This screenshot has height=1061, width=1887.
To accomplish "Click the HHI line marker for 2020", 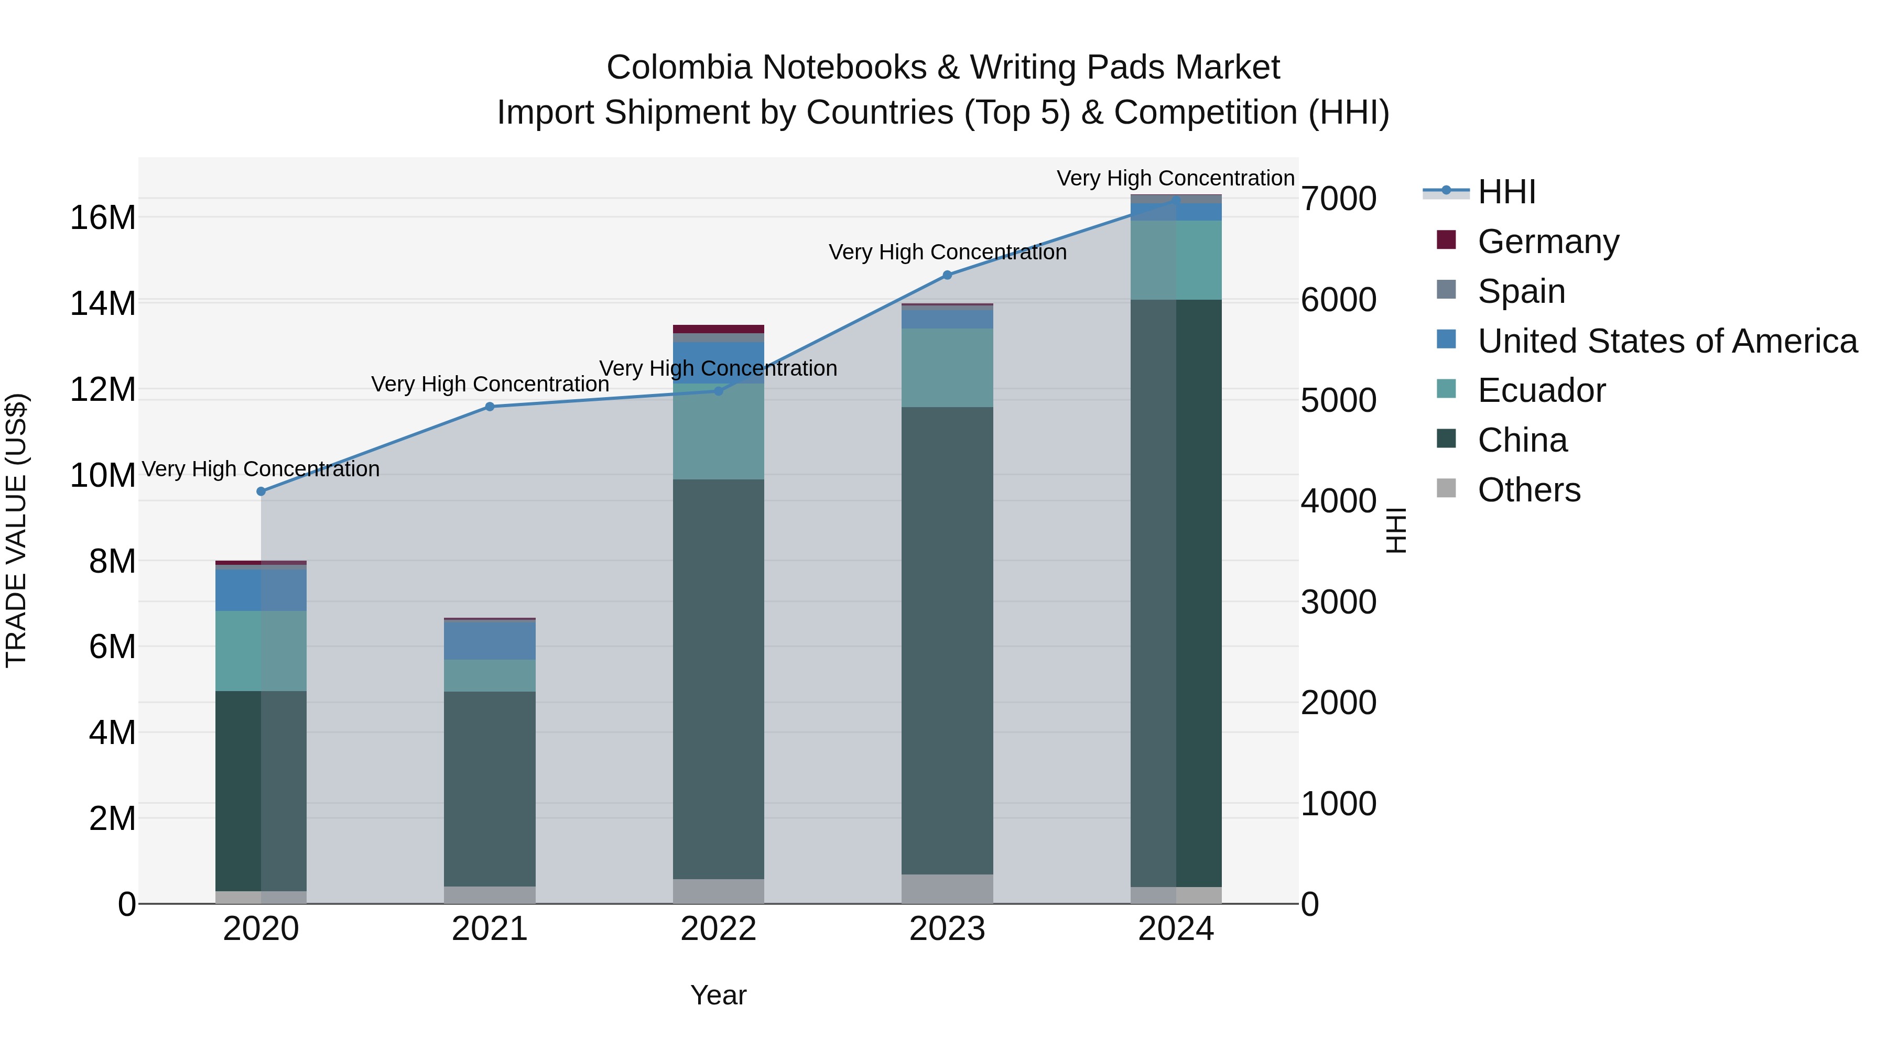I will pos(261,491).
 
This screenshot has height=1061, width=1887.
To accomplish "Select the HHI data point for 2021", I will pos(490,407).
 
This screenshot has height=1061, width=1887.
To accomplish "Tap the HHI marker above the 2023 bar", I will pos(947,275).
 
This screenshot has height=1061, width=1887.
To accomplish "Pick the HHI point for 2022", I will pos(719,391).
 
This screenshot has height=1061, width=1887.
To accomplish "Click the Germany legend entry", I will pos(1548,242).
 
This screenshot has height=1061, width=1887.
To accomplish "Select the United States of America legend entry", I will pos(1666,341).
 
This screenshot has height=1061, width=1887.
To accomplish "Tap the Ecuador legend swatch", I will pos(1446,389).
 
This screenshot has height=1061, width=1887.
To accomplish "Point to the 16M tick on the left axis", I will pos(103,218).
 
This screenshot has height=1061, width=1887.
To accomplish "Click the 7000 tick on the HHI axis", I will pos(1338,199).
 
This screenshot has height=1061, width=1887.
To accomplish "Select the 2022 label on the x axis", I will pos(719,929).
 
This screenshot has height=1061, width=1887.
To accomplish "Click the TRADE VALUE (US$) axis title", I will pos(17,530).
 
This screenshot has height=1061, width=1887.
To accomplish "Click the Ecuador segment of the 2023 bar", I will pos(947,368).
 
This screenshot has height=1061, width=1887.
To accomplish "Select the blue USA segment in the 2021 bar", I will pos(490,640).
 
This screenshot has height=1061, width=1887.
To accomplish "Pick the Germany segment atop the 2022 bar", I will pos(719,329).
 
